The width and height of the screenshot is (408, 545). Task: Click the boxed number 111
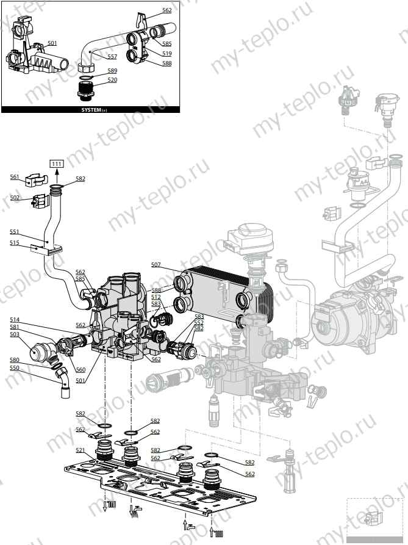57,164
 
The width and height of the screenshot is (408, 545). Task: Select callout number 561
15,176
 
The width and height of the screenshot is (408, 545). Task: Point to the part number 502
15,198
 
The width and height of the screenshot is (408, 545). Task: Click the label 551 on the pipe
15,232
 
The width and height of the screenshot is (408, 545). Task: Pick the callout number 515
15,242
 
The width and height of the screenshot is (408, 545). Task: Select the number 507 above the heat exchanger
156,264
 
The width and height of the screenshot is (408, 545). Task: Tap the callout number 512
156,297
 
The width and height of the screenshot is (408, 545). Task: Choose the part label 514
15,319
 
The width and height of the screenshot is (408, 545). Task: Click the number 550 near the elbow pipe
15,368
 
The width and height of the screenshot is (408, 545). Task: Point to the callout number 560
81,369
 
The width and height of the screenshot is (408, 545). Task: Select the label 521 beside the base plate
81,450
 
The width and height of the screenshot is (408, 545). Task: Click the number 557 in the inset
112,56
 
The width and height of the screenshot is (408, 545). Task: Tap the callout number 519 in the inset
166,54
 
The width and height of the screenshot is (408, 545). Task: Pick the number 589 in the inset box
112,71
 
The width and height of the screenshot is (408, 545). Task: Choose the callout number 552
199,322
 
